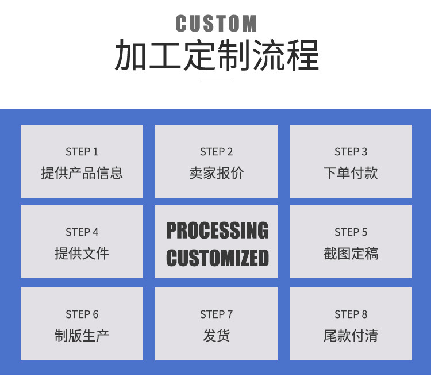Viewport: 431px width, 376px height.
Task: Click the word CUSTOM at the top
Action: click(x=216, y=24)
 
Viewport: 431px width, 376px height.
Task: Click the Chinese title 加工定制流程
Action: click(x=216, y=56)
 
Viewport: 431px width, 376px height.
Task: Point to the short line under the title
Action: click(x=216, y=82)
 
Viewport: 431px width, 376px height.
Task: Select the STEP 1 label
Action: click(x=82, y=152)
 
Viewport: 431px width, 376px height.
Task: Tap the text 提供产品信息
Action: click(x=82, y=173)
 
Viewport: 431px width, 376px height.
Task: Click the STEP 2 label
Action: click(x=216, y=152)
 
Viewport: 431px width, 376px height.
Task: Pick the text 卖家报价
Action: click(x=216, y=173)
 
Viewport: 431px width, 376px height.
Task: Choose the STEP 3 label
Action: click(x=351, y=152)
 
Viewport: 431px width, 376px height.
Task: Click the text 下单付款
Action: click(x=351, y=173)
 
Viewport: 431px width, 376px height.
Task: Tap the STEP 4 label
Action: click(x=82, y=232)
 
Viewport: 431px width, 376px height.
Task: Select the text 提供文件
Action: click(x=82, y=254)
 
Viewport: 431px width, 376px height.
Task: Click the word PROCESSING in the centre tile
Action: click(x=217, y=231)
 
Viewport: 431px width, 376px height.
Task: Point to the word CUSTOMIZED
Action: click(x=217, y=258)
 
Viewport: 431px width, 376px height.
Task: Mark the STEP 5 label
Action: click(x=351, y=232)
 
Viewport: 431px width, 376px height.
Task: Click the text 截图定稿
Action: click(x=351, y=254)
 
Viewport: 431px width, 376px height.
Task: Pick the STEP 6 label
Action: click(x=82, y=314)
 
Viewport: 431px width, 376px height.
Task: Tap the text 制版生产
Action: click(x=82, y=336)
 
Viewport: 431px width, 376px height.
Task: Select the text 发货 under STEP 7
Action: click(x=216, y=336)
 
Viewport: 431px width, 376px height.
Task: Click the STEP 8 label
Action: click(x=351, y=314)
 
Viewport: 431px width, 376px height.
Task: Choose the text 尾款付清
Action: click(x=351, y=336)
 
